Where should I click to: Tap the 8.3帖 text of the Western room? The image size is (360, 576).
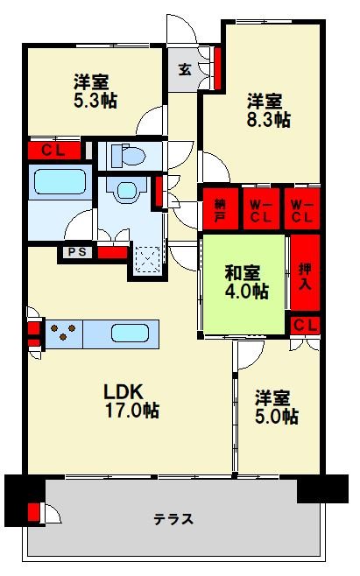click(268, 121)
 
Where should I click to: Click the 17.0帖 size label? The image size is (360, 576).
click(133, 409)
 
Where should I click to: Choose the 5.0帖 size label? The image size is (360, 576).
click(277, 416)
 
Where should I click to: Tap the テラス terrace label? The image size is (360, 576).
click(174, 518)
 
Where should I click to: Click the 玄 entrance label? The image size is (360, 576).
click(185, 70)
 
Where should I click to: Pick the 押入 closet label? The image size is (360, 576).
click(305, 277)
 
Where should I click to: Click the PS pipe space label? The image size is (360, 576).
click(73, 253)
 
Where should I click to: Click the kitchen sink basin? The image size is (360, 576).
click(130, 334)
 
